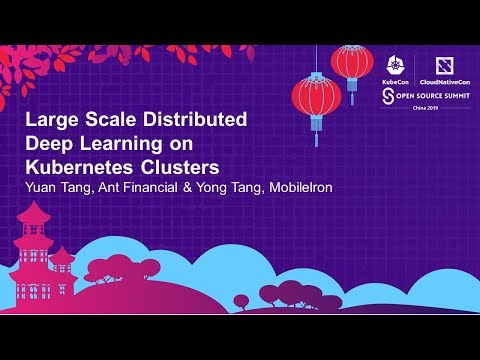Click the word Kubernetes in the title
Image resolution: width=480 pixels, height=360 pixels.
[x=81, y=163]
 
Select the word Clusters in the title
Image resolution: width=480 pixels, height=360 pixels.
[x=184, y=163]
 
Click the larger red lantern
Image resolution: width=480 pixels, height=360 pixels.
[x=316, y=98]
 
